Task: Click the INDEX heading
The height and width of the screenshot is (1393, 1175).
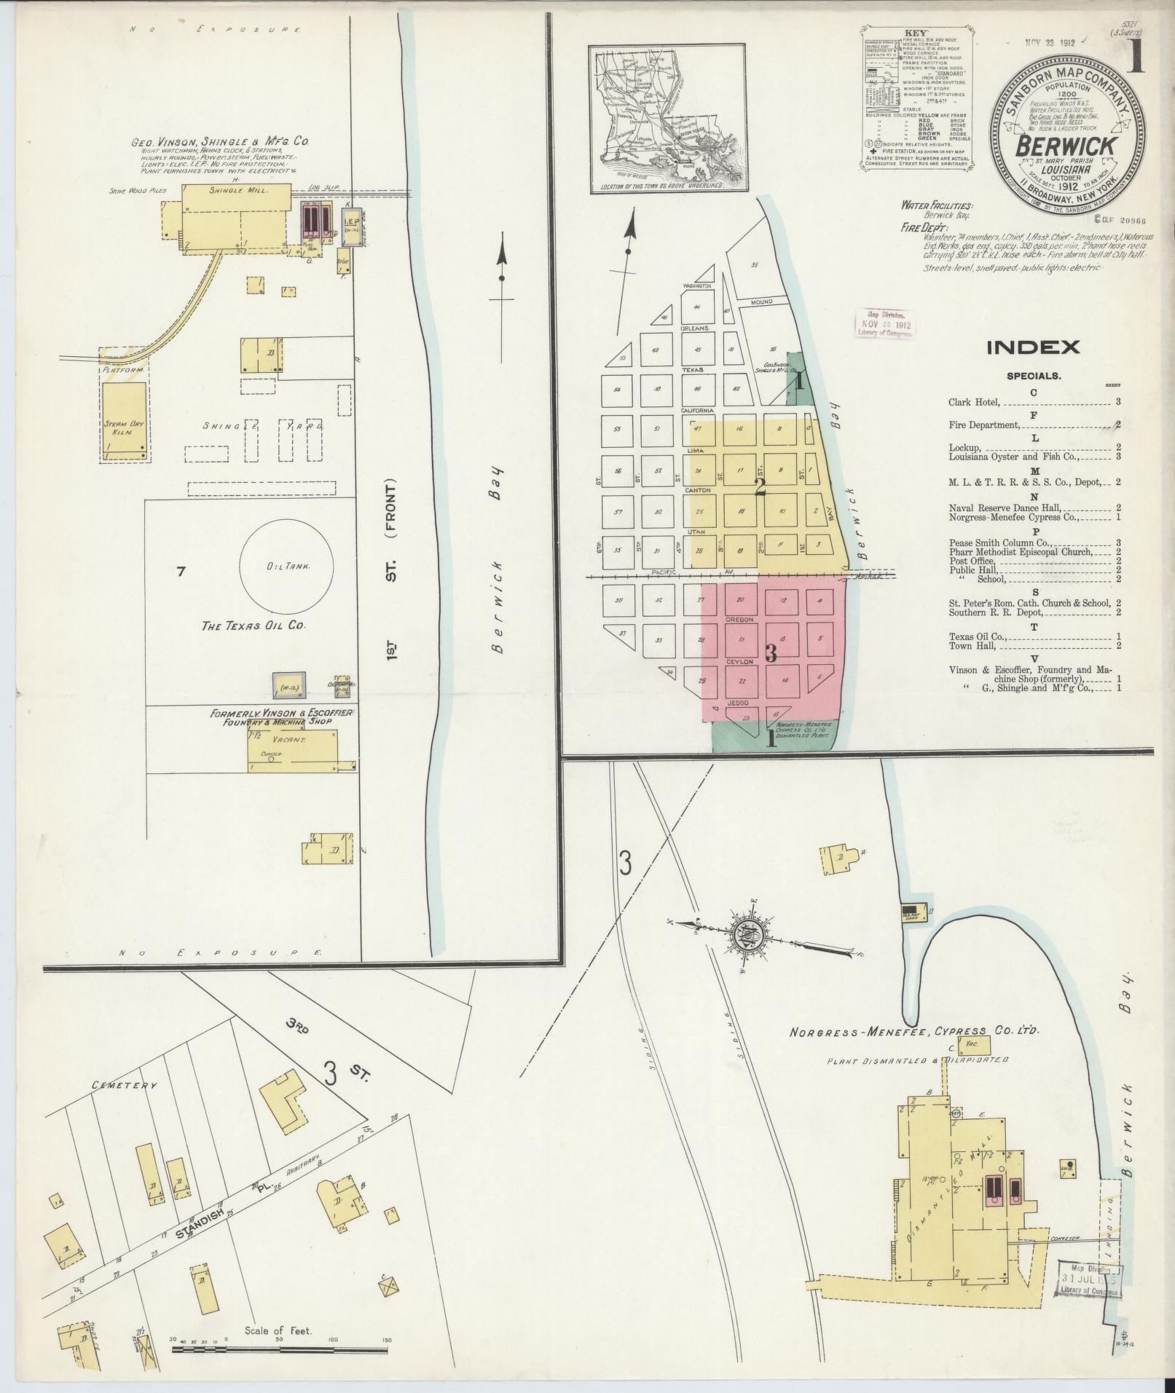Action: (x=1033, y=347)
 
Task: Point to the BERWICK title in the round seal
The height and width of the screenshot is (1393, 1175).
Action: (x=1066, y=146)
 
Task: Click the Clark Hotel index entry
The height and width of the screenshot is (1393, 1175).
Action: (x=975, y=402)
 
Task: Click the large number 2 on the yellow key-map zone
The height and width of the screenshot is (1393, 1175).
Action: (x=760, y=486)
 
